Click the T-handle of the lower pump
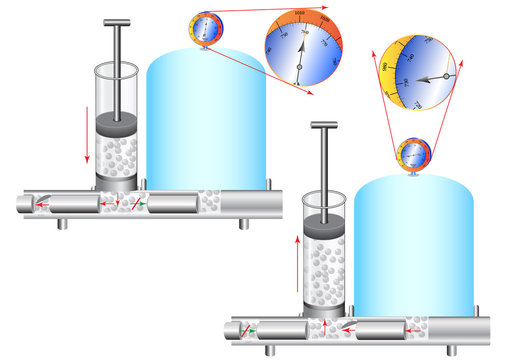(x=326, y=126)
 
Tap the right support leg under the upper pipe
(x=241, y=222)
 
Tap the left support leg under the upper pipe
(x=63, y=222)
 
